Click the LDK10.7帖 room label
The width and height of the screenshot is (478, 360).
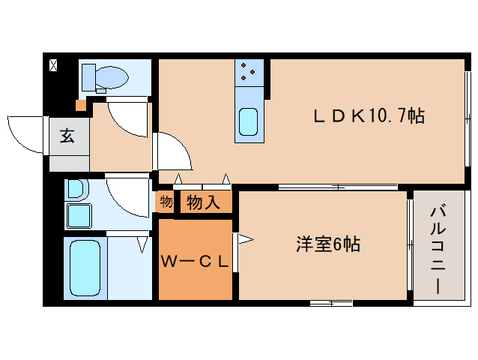(369, 116)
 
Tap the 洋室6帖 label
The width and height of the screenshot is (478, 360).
(328, 244)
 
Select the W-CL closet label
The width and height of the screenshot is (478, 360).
(195, 261)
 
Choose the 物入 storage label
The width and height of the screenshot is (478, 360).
(203, 202)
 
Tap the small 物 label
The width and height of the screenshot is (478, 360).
(166, 201)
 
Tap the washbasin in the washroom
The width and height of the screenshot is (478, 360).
(78, 216)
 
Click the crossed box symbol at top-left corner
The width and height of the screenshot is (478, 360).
(53, 65)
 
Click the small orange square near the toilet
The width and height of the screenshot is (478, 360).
(80, 105)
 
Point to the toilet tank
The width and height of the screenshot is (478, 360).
(87, 76)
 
